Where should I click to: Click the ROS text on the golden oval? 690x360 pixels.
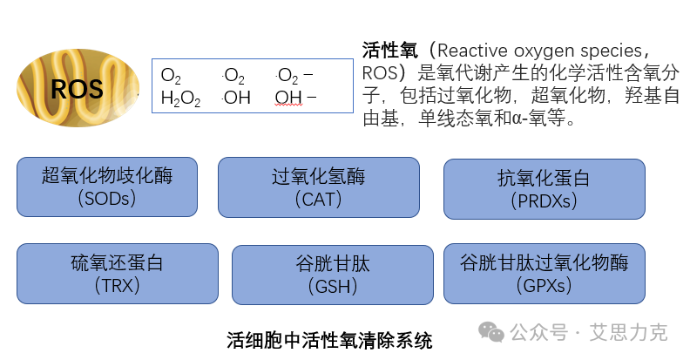(77, 88)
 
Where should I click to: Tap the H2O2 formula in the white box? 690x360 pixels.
(180, 98)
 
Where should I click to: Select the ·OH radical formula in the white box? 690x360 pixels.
(235, 98)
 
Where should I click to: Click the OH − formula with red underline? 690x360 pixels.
(295, 98)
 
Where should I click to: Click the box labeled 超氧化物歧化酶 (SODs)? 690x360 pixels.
(107, 187)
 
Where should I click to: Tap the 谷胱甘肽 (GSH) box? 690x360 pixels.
(332, 274)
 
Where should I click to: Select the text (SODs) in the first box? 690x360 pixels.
(107, 199)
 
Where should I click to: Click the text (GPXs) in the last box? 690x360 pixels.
(545, 284)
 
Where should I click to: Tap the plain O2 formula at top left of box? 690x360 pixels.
(171, 76)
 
